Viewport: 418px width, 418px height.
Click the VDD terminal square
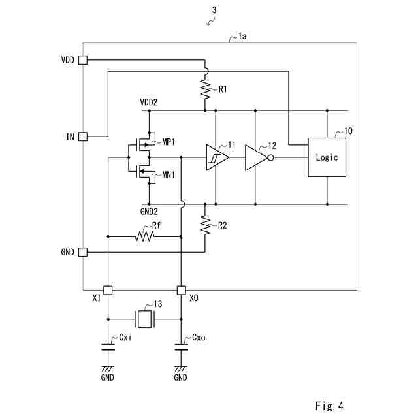tap(83, 60)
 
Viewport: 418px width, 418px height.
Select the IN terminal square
tap(83, 137)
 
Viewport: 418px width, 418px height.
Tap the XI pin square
tap(108, 290)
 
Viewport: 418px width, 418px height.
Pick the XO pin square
tap(182, 290)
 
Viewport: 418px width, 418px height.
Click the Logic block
tap(327, 157)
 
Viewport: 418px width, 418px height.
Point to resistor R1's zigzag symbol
tap(205, 89)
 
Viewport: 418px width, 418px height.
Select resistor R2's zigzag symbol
tap(205, 225)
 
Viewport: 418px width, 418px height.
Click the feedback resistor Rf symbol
tap(145, 236)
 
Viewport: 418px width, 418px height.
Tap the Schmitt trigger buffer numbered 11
tap(217, 157)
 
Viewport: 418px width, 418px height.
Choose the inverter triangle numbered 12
tap(256, 158)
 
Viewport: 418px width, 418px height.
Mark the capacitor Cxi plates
tap(108, 347)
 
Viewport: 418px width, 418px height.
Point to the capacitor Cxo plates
tap(182, 347)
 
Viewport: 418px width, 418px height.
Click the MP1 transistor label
tap(169, 142)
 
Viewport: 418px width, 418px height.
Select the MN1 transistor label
tap(169, 175)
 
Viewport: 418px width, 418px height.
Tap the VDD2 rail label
tap(149, 102)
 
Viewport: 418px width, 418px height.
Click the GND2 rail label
tap(149, 212)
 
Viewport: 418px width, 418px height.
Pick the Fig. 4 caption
tap(329, 406)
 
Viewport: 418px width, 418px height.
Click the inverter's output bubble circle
tap(270, 158)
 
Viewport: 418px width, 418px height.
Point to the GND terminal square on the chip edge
tap(83, 252)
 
